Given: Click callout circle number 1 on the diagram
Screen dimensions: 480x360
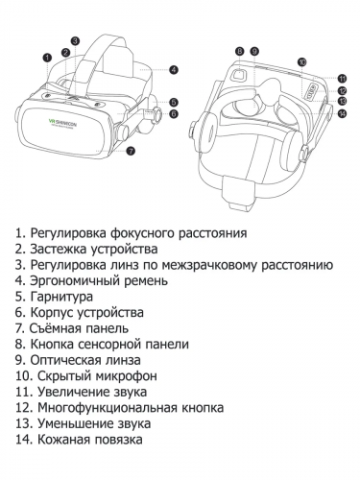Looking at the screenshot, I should coord(47,59).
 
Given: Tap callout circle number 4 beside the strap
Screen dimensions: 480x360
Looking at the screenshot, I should coord(174,69).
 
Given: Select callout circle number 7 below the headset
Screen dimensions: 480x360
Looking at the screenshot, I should coord(131,150).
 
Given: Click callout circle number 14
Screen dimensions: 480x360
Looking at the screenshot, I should coord(343,113).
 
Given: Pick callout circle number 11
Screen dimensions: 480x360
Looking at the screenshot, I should coord(343,78).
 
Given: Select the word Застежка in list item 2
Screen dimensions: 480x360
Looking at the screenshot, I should coord(60,249).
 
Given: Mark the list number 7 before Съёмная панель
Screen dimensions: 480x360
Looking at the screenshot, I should coord(19,327).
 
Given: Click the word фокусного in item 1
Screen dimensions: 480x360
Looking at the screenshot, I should coord(146,232).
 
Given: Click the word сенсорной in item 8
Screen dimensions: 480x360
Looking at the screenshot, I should coord(114,344).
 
